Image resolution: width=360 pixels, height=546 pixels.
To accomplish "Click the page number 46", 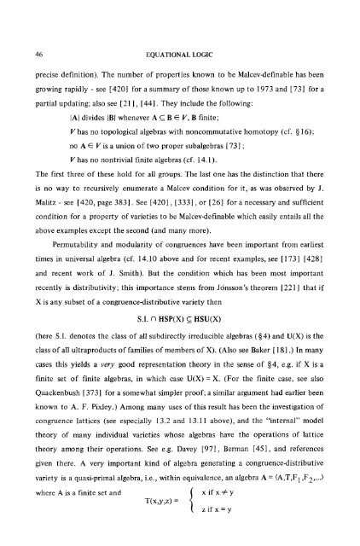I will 44,31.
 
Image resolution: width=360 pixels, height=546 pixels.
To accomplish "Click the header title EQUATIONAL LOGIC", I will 184,31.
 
